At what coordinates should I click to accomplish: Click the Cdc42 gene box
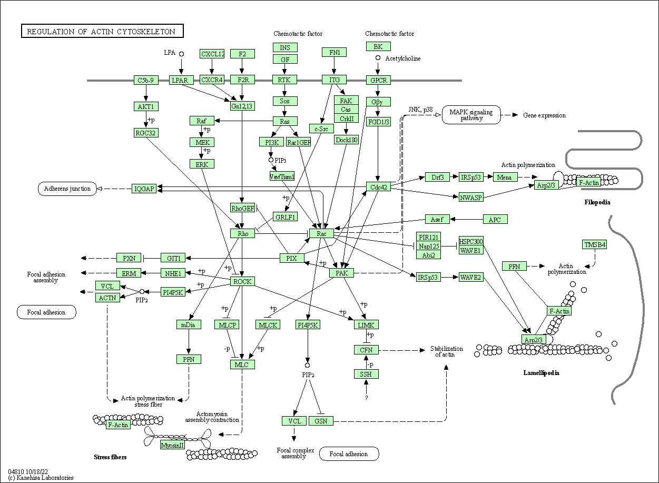(x=378, y=187)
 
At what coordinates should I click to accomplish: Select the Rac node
(x=322, y=233)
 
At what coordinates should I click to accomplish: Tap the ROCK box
(x=242, y=281)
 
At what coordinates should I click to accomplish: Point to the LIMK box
(x=366, y=325)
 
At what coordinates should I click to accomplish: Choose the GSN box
(x=320, y=421)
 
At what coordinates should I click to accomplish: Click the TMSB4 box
(x=594, y=244)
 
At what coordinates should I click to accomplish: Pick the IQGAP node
(x=144, y=188)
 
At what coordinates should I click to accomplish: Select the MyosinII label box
(x=173, y=445)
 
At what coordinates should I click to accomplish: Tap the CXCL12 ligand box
(x=212, y=54)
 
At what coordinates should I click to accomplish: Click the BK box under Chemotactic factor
(x=378, y=46)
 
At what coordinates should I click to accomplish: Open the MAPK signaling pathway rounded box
(x=471, y=115)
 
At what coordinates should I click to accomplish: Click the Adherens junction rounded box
(x=67, y=189)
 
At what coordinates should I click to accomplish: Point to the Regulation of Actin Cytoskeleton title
(x=101, y=32)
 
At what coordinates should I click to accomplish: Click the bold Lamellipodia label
(x=541, y=373)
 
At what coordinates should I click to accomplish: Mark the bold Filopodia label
(x=597, y=202)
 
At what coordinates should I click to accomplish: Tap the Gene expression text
(x=544, y=115)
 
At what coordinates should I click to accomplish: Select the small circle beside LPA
(x=181, y=54)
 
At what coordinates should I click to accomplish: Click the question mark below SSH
(x=366, y=398)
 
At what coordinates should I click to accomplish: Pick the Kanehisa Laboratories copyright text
(x=41, y=478)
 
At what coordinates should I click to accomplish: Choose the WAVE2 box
(x=470, y=277)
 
